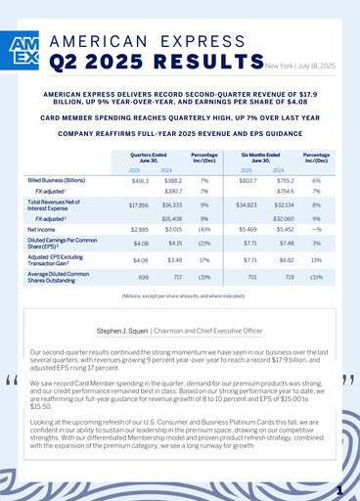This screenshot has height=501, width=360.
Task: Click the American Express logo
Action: (27, 52)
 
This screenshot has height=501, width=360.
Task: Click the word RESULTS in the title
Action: (186, 62)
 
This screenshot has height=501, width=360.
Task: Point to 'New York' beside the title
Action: (279, 67)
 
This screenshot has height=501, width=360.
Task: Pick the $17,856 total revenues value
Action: (139, 205)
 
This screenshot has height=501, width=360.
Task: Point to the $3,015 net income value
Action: (171, 226)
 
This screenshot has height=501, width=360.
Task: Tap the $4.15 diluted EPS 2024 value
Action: (172, 243)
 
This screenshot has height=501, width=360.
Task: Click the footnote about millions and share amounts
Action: (180, 296)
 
